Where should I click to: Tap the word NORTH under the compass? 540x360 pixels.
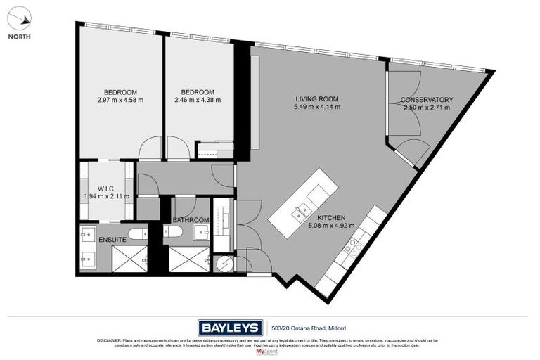point(20,37)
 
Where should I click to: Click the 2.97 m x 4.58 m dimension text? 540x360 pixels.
point(120,101)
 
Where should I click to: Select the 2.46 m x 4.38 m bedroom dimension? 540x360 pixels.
point(198,101)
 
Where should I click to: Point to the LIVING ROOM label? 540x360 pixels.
point(317,99)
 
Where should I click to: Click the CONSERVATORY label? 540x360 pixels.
point(427,100)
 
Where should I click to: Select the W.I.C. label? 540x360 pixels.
point(107,188)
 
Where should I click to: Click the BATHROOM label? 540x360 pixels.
point(191,220)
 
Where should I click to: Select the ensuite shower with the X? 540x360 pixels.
point(129,260)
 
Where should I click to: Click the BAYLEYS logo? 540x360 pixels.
point(230,327)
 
